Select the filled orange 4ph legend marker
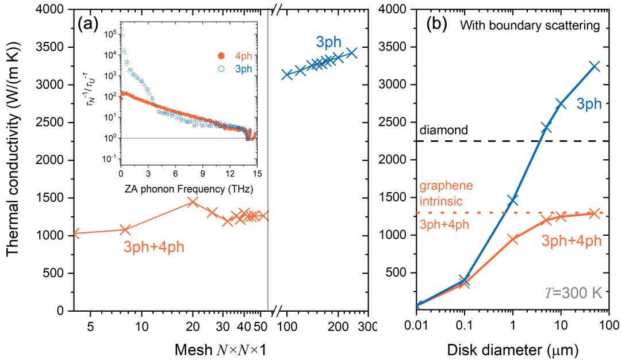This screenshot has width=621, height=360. click(220, 56)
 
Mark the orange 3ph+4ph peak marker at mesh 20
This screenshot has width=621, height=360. click(193, 202)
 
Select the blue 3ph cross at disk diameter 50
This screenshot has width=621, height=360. click(594, 66)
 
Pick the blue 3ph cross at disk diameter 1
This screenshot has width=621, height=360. click(513, 200)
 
